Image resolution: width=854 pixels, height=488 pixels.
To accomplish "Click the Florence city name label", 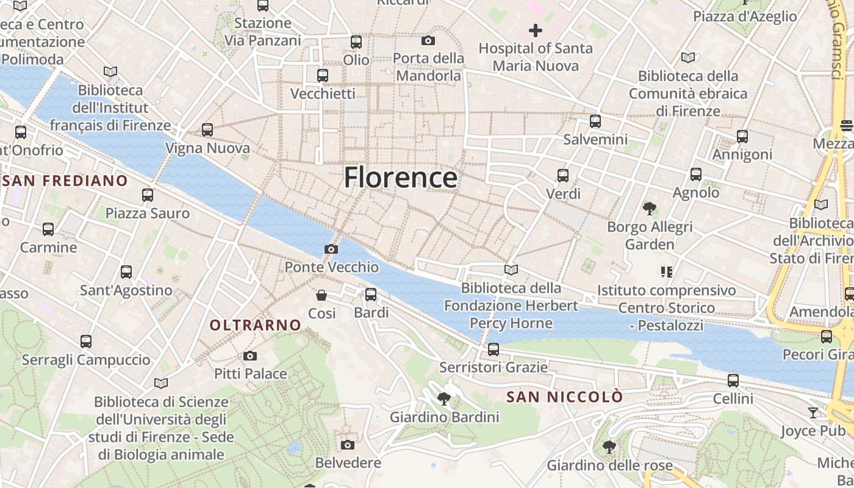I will click(x=400, y=178).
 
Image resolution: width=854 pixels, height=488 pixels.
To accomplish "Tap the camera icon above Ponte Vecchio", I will click(x=331, y=249).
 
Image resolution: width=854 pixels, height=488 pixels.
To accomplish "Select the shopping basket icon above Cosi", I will click(x=321, y=295).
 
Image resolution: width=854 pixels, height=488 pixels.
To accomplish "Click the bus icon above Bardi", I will click(x=371, y=295).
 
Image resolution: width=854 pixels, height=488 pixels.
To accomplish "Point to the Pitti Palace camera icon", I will click(x=250, y=356).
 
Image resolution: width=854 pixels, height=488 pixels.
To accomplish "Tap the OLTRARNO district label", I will click(x=256, y=325).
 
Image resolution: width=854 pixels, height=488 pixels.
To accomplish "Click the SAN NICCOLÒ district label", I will click(x=565, y=397).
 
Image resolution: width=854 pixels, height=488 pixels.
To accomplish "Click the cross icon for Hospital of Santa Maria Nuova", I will click(x=535, y=30).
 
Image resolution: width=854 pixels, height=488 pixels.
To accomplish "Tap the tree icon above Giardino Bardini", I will click(x=444, y=400).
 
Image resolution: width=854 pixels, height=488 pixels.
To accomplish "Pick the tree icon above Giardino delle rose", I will click(x=609, y=447).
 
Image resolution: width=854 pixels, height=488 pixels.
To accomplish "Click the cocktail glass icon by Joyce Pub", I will click(x=813, y=413).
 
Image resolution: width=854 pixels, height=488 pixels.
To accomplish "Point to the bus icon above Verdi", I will click(x=563, y=176).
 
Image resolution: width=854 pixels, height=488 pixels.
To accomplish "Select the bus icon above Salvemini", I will click(x=595, y=121).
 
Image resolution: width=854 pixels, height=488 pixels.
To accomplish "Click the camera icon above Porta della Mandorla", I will click(x=428, y=40).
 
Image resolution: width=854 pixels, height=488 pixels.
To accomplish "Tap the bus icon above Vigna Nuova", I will click(x=207, y=130).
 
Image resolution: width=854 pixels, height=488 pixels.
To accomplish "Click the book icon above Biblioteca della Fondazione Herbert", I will click(x=511, y=270).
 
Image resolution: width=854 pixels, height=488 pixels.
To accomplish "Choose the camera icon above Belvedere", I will click(x=348, y=445).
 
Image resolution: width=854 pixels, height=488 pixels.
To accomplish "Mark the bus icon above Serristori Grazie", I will click(x=493, y=350).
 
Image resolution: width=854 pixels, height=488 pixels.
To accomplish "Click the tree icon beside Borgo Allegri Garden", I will click(x=650, y=209).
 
